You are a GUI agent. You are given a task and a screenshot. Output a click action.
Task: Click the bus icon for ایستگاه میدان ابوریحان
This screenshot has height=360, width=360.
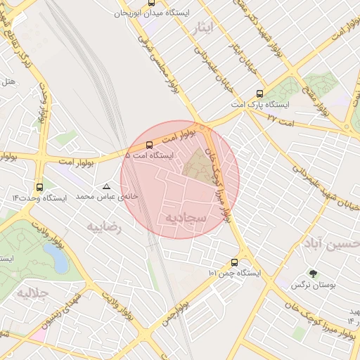pos(152,3)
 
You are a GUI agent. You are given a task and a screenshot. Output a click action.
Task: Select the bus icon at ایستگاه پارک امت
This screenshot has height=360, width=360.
pos(260,94)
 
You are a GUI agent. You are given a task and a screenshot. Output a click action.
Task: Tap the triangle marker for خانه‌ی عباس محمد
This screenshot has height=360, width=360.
pos(106,187)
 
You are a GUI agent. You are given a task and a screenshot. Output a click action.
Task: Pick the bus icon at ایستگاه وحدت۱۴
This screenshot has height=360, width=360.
pos(39,188)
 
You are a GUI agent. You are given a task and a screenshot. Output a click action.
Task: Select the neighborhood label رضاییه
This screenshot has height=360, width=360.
pos(105,227)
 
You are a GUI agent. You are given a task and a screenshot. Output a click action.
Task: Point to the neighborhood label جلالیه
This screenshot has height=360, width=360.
pos(34,292)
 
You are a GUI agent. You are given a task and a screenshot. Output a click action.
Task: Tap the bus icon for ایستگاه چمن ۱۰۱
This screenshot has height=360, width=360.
pos(234,262)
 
